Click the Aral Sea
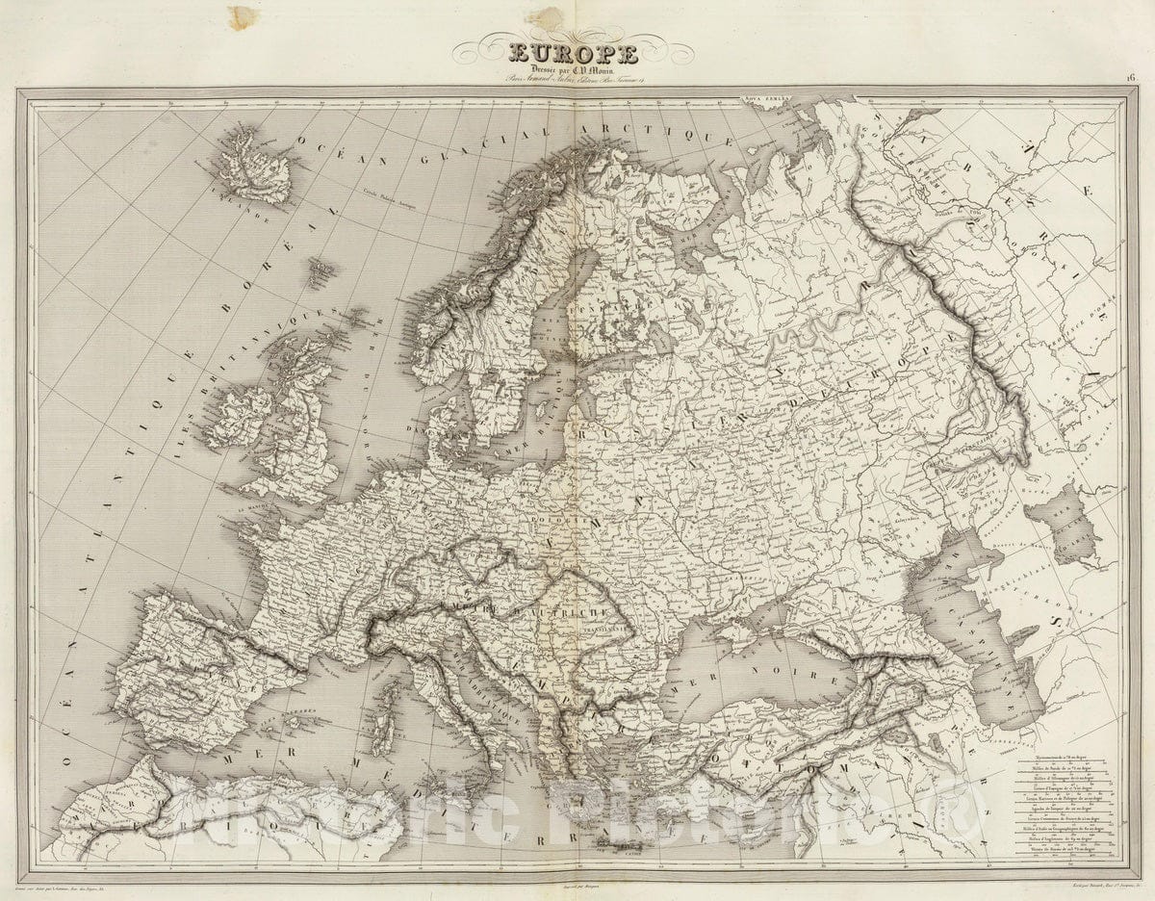(1065, 525)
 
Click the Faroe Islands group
(321, 272)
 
